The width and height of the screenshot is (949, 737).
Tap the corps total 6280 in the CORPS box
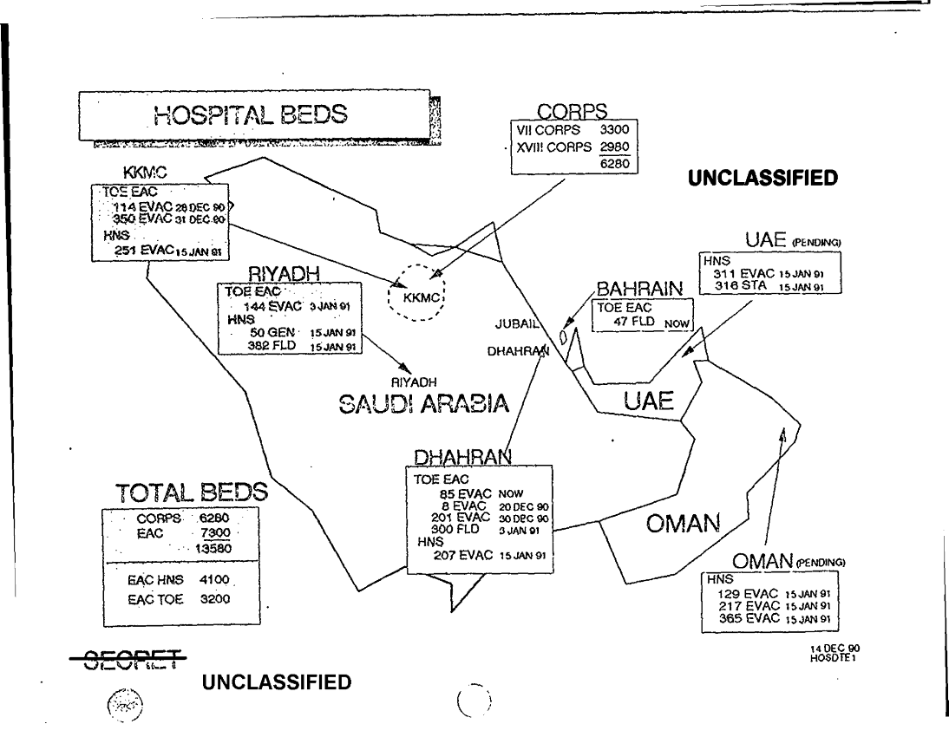[617, 162]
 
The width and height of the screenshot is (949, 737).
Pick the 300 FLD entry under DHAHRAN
[452, 524]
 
